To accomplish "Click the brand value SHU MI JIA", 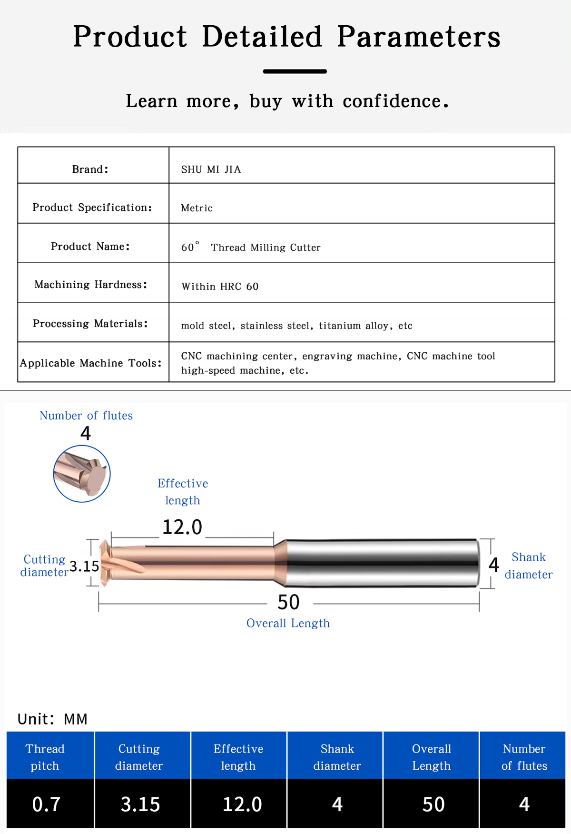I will (x=211, y=169).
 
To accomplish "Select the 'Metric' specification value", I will (x=197, y=208).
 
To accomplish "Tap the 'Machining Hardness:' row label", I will (x=91, y=285).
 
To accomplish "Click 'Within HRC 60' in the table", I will (x=220, y=287).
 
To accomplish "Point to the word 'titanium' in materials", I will (x=339, y=326).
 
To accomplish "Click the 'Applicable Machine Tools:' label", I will (x=91, y=363).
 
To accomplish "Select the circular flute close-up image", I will (x=82, y=474).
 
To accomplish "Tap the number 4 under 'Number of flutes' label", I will (x=86, y=434).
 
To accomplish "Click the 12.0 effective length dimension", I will (x=182, y=527).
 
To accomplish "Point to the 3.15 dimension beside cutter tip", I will (x=84, y=566).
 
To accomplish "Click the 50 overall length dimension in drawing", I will (x=289, y=603).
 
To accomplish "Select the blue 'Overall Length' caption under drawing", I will (x=288, y=624).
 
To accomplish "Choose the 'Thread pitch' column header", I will (x=45, y=757).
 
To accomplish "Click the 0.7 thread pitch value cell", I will (x=46, y=804).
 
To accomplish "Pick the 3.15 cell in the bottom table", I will (x=140, y=804).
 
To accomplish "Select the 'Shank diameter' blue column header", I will (x=337, y=757).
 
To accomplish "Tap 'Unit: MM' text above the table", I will (x=52, y=719).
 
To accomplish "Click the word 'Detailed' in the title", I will (x=262, y=37).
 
